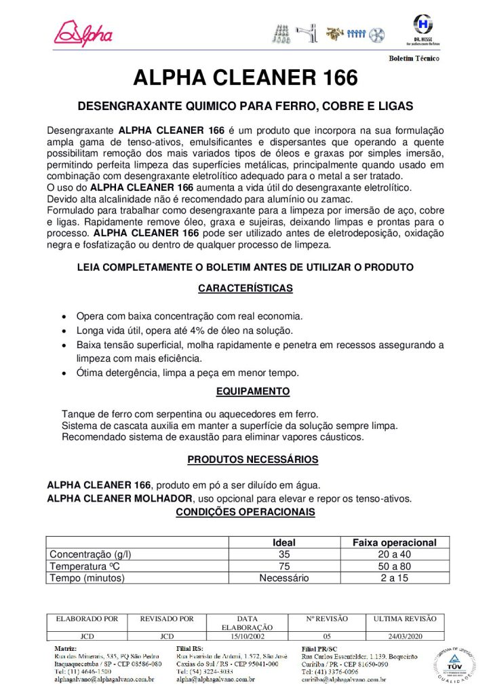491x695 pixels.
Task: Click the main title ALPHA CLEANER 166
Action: point(245,79)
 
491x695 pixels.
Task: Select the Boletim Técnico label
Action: point(414,59)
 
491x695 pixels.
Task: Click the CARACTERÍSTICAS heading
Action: point(245,288)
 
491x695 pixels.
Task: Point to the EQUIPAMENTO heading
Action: point(253,392)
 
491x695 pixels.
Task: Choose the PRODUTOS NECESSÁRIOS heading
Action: point(252,460)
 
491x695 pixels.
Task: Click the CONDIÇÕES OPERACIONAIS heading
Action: point(245,512)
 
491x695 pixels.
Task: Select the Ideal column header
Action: point(283,542)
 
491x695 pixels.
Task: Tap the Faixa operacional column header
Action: point(394,542)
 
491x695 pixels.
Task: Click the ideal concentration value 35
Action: point(283,554)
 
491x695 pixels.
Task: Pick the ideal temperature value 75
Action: point(283,566)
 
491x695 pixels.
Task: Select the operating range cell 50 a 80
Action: point(394,566)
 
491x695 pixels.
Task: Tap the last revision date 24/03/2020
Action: point(405,637)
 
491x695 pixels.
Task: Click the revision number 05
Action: point(327,637)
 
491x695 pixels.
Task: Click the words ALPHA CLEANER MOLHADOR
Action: point(120,499)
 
